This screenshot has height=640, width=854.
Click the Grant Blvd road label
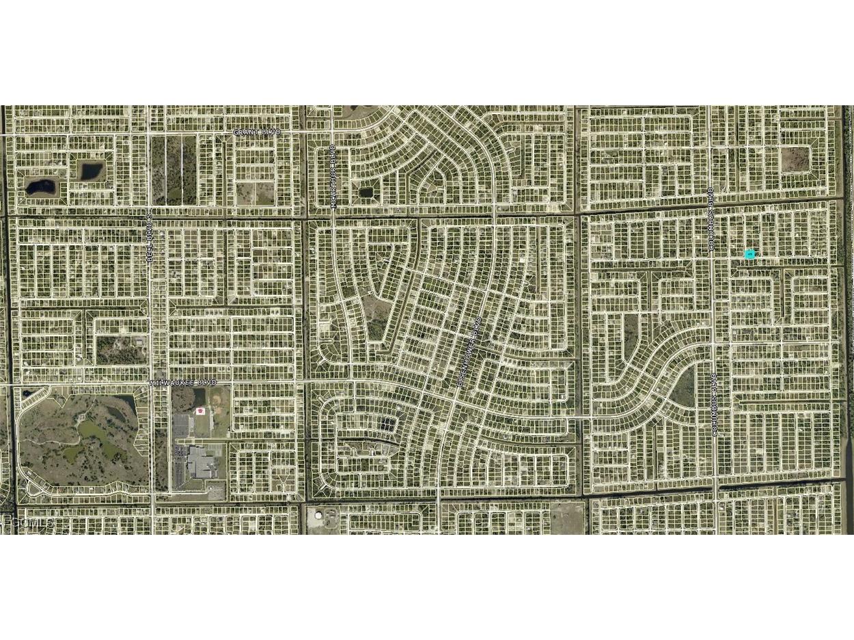[x=257, y=132]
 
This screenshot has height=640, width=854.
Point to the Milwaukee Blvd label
[x=182, y=383]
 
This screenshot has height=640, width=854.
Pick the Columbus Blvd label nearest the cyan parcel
[x=711, y=219]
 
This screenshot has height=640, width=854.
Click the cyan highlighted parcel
[x=749, y=254]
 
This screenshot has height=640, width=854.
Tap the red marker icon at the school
[x=200, y=411]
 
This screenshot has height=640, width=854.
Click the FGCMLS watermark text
[x=27, y=523]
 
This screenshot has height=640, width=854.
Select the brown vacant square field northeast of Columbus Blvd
[x=794, y=159]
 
